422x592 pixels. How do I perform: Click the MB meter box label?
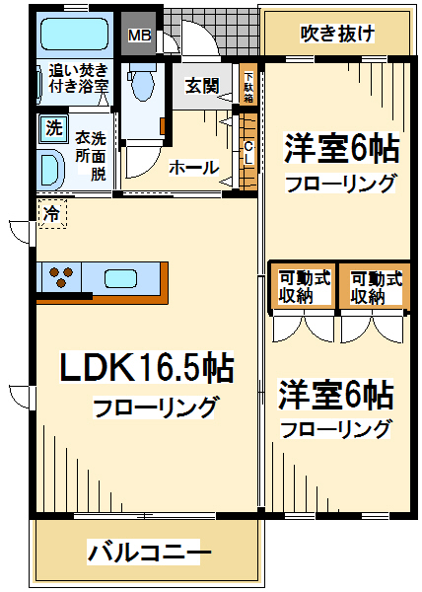click(x=139, y=36)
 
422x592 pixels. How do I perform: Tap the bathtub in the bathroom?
click(x=75, y=35)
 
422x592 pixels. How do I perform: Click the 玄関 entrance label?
click(x=202, y=86)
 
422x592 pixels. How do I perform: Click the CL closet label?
click(x=248, y=152)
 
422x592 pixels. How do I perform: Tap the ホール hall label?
click(x=194, y=168)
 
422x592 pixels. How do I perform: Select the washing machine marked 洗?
click(x=53, y=128)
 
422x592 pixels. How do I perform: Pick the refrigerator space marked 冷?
click(x=52, y=214)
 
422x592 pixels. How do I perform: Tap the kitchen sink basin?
click(x=120, y=278)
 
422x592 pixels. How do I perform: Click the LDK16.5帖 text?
click(x=147, y=367)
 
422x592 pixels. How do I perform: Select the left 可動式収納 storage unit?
click(x=304, y=287)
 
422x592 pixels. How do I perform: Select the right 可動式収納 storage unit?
click(x=375, y=287)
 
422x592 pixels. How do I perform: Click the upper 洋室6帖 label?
click(x=342, y=148)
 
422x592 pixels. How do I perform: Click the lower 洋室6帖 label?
click(x=336, y=394)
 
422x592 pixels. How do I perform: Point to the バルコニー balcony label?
click(x=149, y=552)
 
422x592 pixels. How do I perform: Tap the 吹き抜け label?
click(x=337, y=34)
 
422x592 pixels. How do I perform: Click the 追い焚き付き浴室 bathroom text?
click(x=79, y=78)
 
